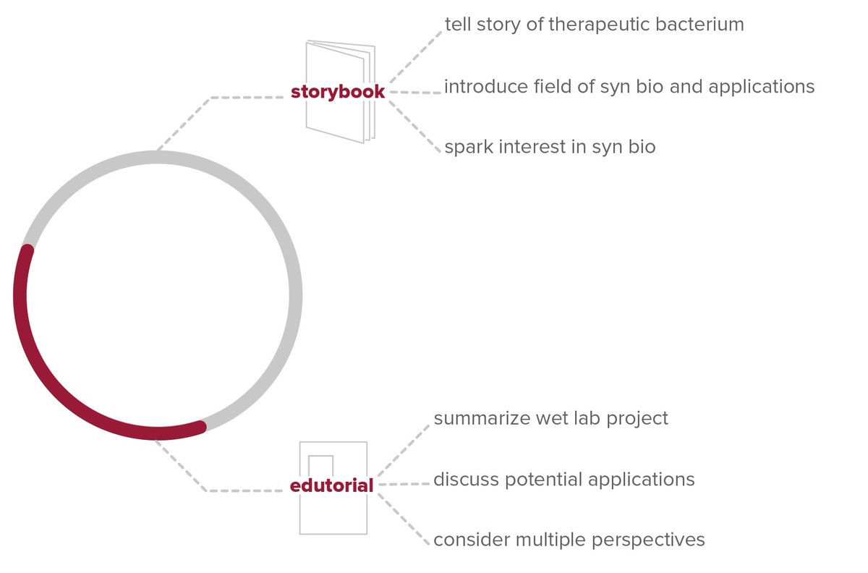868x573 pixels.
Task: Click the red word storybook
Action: click(x=338, y=93)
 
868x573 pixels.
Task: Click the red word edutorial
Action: click(x=331, y=486)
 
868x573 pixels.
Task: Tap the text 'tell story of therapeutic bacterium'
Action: click(x=594, y=25)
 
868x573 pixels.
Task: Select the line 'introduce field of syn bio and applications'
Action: click(x=629, y=87)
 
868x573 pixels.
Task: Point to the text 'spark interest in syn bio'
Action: click(x=550, y=147)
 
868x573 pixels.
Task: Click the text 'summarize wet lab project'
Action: click(x=550, y=418)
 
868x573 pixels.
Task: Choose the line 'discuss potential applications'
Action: click(x=563, y=479)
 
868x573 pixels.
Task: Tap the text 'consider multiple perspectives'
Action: click(x=569, y=540)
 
